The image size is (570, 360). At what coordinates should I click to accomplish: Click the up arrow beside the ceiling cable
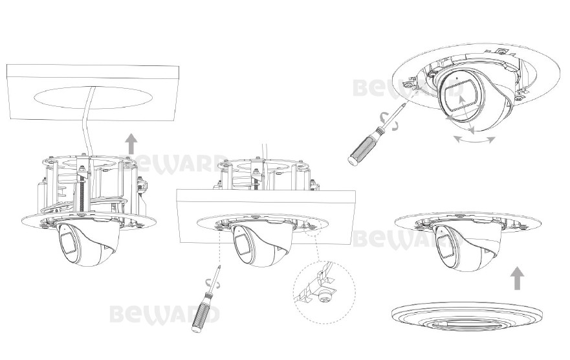[x=131, y=144]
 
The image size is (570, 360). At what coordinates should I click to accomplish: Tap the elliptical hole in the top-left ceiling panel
[x=93, y=98]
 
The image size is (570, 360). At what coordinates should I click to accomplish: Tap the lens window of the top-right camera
[x=458, y=94]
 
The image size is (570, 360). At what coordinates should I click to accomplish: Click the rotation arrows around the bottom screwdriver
[x=213, y=284]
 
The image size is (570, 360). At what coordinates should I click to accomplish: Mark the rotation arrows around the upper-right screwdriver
[x=388, y=121]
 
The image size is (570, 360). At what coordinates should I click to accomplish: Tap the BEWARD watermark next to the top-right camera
[x=386, y=88]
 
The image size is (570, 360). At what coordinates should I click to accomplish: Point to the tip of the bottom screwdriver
[x=219, y=265]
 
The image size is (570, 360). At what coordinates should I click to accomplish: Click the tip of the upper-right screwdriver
[x=406, y=103]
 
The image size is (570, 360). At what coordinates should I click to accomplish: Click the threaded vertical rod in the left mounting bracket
[x=83, y=193]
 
